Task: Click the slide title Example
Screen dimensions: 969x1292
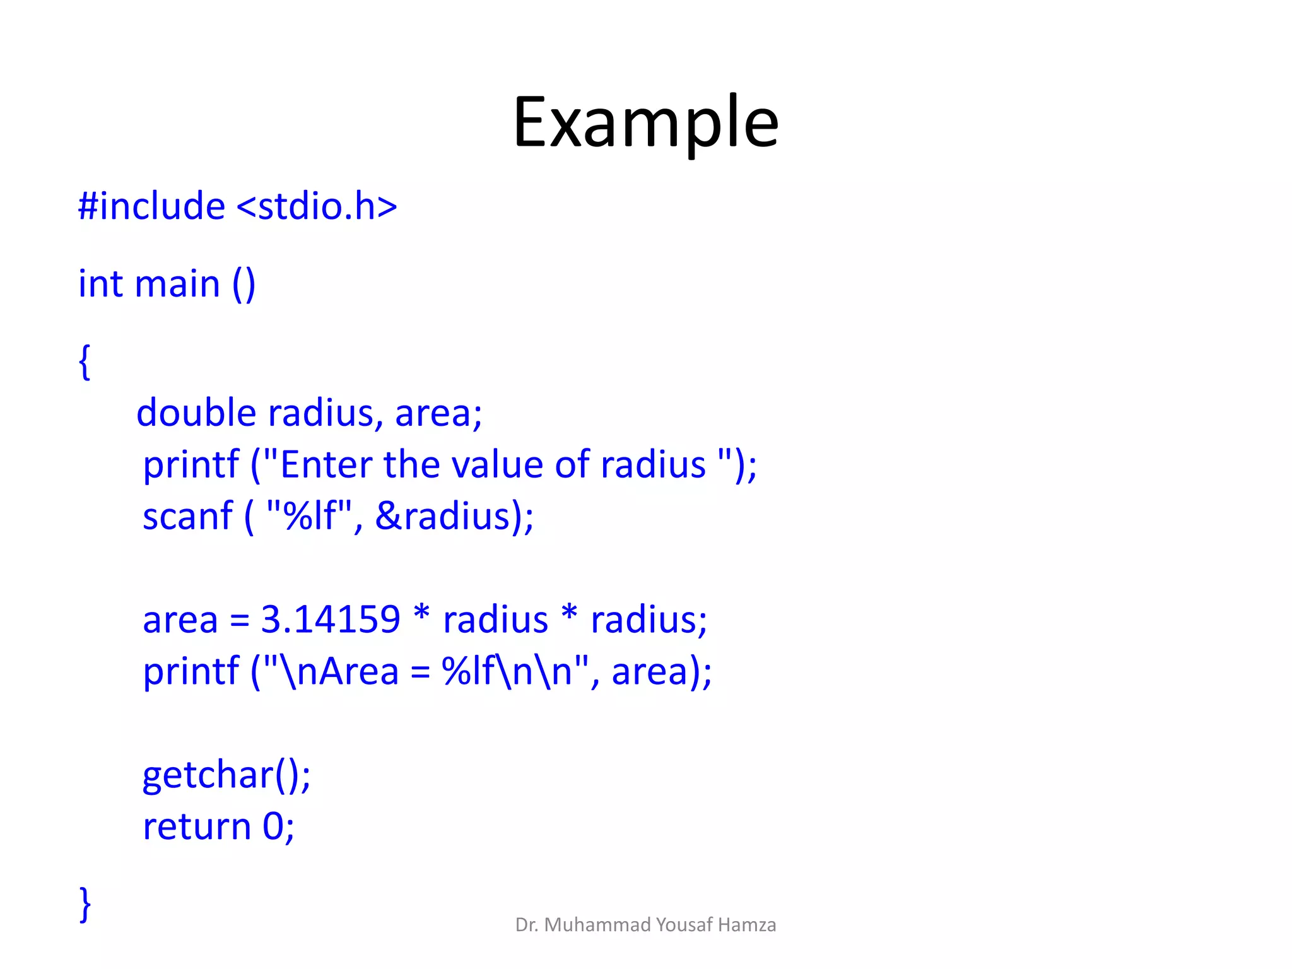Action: click(x=645, y=122)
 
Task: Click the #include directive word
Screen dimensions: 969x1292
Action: click(x=151, y=206)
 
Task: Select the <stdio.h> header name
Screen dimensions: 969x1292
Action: click(x=317, y=206)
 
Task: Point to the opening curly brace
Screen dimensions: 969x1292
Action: click(x=85, y=361)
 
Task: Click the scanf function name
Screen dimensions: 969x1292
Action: click(x=187, y=517)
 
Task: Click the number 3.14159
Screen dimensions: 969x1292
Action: click(x=330, y=620)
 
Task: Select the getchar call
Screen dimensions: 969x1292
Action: click(x=226, y=775)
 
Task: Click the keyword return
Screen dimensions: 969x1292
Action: click(x=197, y=827)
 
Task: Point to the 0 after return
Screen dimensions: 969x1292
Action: click(x=273, y=826)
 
